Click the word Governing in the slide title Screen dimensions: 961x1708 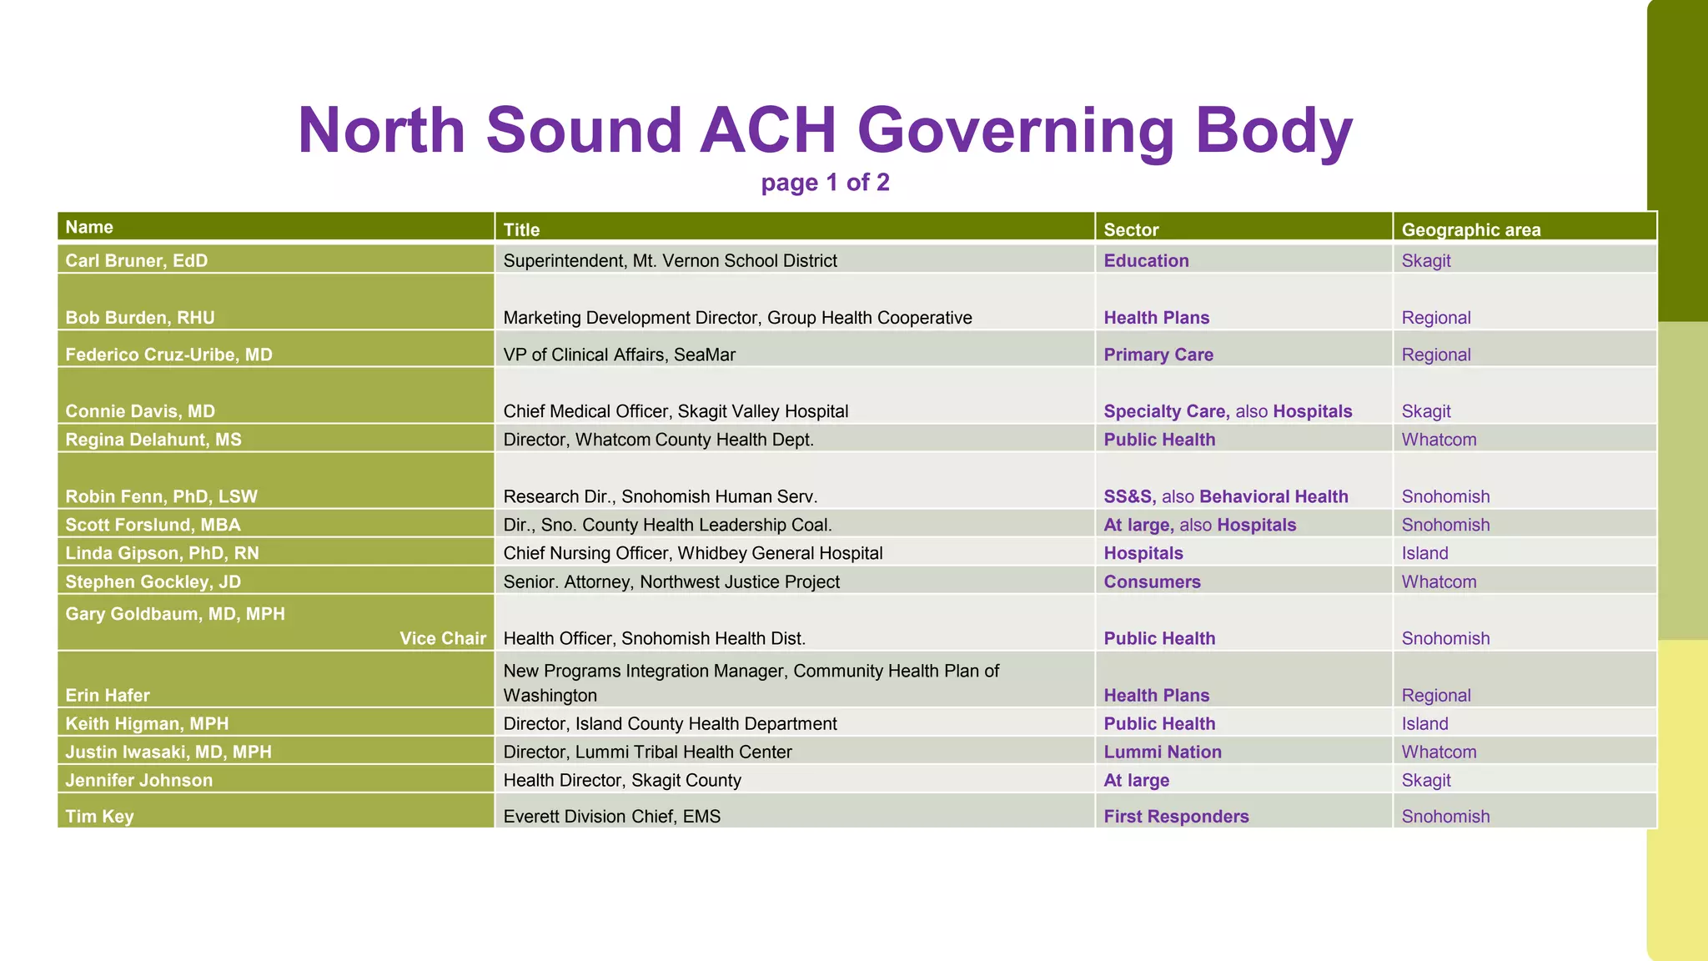click(1016, 132)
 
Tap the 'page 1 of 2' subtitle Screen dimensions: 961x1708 click(825, 183)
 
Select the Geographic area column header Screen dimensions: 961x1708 click(1470, 229)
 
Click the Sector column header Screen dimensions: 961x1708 click(1131, 229)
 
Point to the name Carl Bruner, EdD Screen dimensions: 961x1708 click(137, 260)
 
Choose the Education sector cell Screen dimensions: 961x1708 click(1146, 260)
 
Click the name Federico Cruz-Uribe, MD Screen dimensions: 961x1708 click(168, 355)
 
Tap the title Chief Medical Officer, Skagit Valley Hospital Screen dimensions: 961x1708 click(676, 411)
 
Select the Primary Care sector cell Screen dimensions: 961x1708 click(1158, 355)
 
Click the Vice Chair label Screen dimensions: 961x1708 click(442, 638)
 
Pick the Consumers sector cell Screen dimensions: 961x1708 click(1152, 581)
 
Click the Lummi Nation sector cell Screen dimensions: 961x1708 click(1163, 752)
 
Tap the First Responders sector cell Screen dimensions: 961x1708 click(1176, 816)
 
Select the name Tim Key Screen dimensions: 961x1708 click(99, 816)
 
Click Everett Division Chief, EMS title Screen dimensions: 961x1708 click(611, 816)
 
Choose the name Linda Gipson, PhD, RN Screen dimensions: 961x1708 click(162, 553)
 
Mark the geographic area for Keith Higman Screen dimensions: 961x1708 click(1424, 723)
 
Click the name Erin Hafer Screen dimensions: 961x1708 click(108, 695)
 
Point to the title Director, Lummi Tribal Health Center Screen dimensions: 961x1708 click(647, 752)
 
